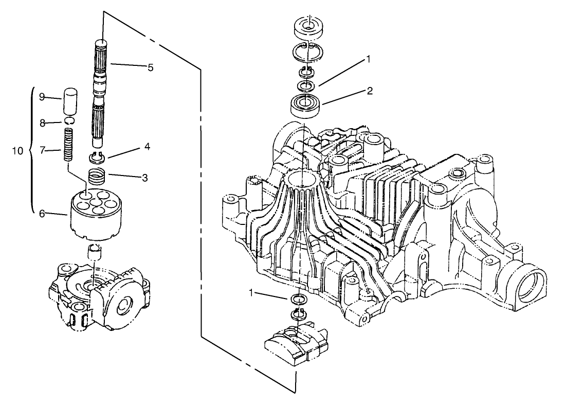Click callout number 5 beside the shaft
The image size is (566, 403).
[x=150, y=67]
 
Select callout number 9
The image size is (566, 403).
[x=42, y=96]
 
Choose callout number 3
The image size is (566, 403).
[x=145, y=178]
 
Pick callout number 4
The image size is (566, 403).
[x=147, y=147]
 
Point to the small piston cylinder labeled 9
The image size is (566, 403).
[x=70, y=102]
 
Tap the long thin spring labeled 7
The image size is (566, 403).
[x=68, y=146]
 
